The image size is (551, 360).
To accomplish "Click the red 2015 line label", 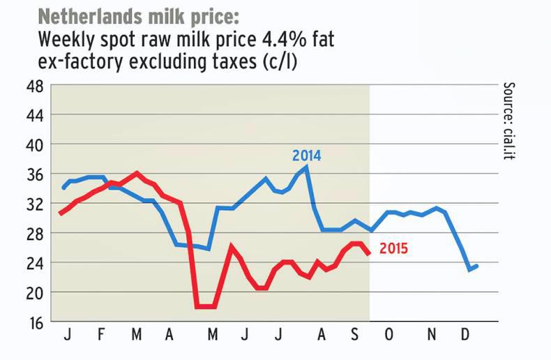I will tap(393, 248).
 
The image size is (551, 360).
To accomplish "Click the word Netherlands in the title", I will tap(83, 16).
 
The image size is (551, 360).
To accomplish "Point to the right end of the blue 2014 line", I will tap(477, 266).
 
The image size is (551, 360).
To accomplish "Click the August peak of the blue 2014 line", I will tap(306, 167).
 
